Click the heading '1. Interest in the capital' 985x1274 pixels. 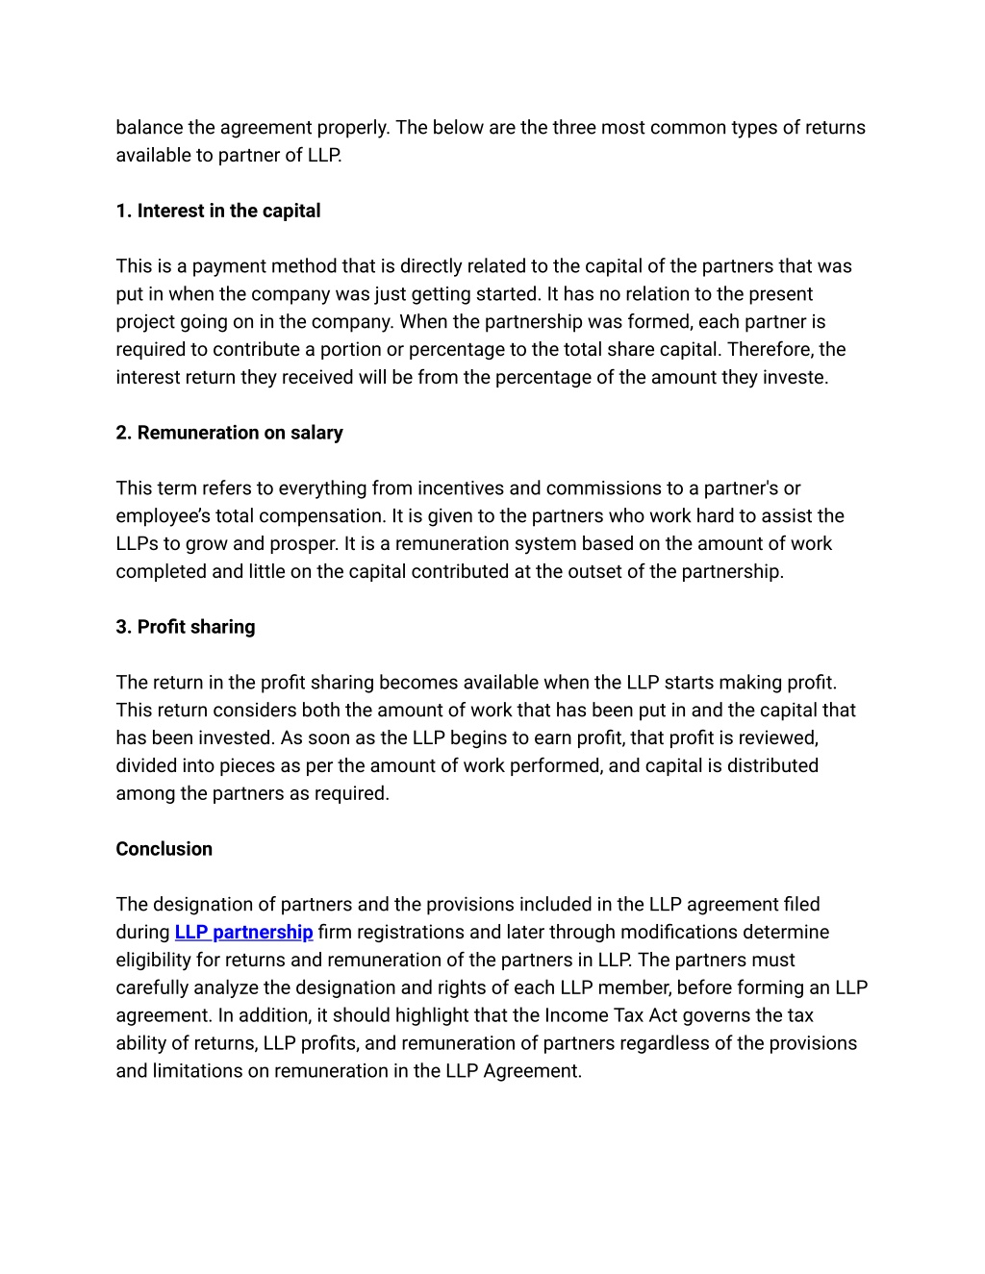(218, 211)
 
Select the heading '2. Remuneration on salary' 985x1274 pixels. (229, 433)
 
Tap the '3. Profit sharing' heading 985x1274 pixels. (186, 627)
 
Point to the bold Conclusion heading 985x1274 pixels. (164, 849)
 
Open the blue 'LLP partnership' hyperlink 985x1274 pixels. (243, 932)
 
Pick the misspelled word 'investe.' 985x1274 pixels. (796, 377)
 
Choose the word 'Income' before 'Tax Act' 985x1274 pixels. (575, 1015)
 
